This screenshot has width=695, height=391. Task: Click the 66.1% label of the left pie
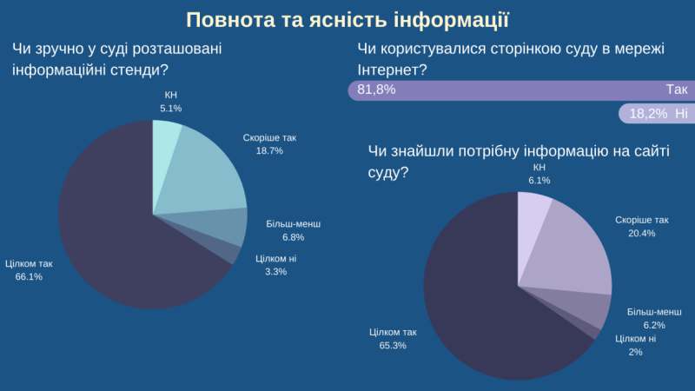pos(29,276)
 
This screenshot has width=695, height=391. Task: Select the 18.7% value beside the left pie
pos(269,150)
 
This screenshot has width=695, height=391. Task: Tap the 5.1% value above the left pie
pos(171,109)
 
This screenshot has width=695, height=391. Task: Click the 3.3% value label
pos(275,271)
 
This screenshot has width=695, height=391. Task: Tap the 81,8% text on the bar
pos(376,89)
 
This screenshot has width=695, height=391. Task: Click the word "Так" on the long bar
pos(677,89)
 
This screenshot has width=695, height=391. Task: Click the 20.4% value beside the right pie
pos(641,234)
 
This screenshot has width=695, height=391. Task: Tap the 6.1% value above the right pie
pos(539,180)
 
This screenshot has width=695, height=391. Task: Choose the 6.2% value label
pos(654,325)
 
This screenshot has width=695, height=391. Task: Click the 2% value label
pos(635,352)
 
